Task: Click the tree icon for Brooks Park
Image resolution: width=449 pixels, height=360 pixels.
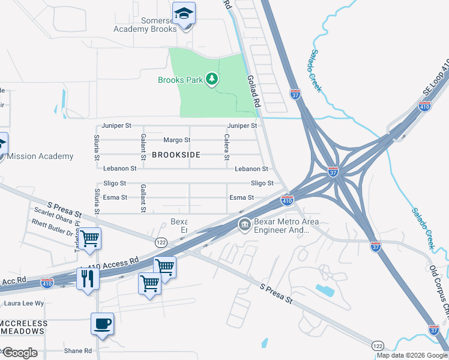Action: tap(211, 79)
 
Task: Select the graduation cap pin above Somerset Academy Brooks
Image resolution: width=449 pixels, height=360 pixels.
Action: tap(184, 13)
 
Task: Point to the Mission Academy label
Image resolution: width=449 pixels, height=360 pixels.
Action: tap(40, 157)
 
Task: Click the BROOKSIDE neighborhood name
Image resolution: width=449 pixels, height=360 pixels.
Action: tap(176, 155)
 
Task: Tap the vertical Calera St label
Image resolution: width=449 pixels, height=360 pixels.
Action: tap(227, 147)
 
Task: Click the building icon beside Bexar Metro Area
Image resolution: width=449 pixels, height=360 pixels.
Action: tap(244, 226)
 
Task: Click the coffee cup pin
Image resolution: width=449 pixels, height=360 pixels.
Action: tap(102, 324)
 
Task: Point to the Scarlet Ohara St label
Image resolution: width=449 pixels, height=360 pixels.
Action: tap(56, 215)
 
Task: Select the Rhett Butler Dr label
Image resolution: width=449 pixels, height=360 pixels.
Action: tap(52, 229)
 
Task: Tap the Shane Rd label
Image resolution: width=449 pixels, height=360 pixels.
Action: tap(78, 351)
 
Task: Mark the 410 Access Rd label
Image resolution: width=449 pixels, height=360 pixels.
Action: tap(113, 263)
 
